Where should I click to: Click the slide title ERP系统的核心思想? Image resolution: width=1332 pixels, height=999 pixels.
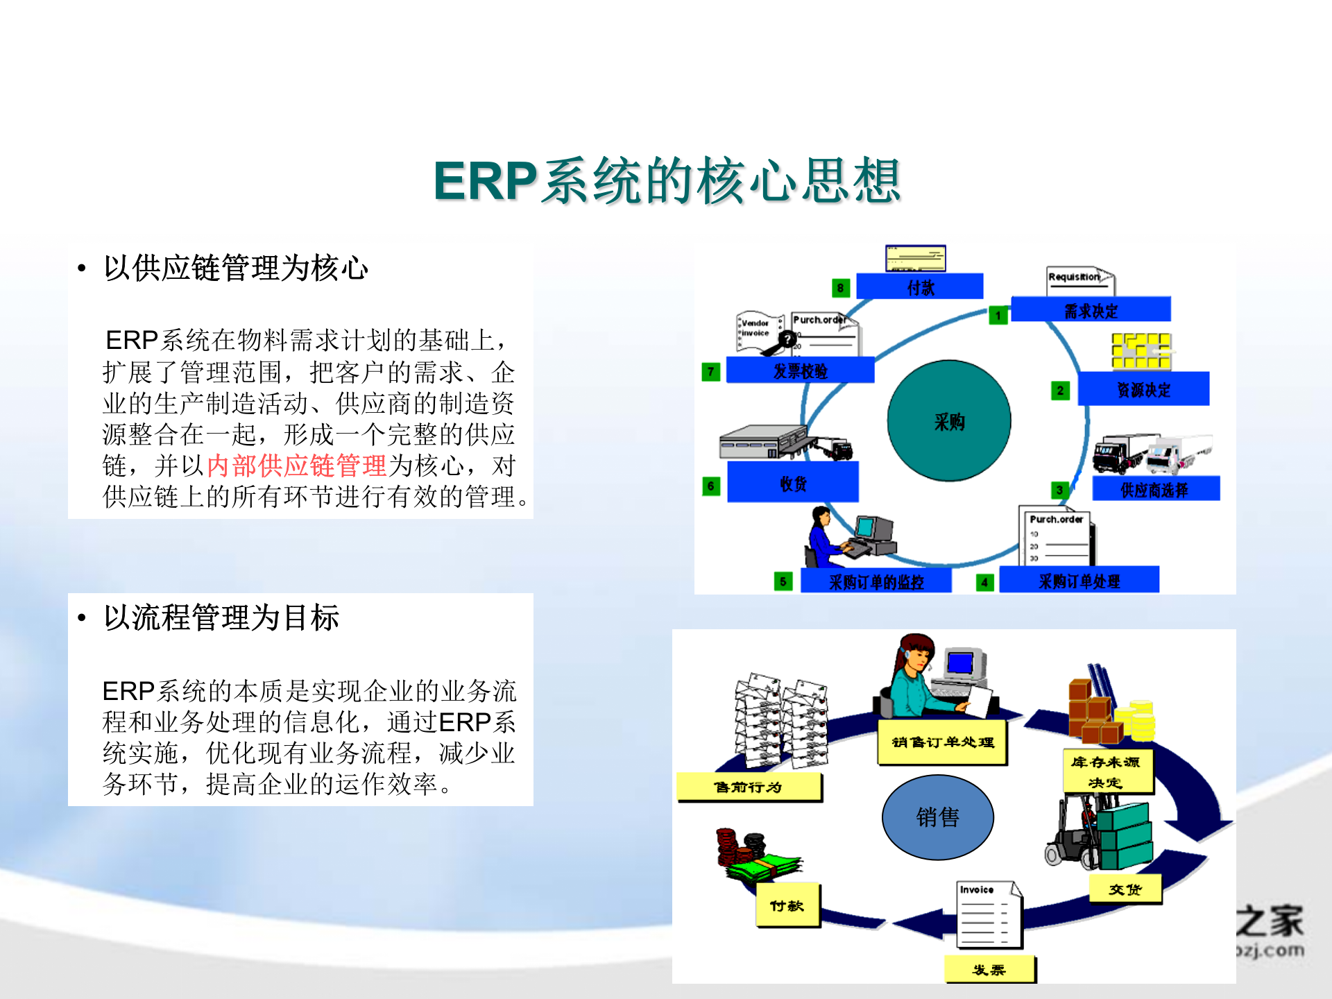tap(667, 181)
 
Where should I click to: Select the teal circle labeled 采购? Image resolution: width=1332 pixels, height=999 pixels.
tap(948, 420)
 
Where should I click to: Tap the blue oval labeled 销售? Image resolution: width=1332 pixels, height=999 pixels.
tap(937, 817)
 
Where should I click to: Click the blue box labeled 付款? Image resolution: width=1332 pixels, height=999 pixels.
tap(919, 287)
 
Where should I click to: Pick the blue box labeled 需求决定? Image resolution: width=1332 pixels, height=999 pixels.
tap(1091, 310)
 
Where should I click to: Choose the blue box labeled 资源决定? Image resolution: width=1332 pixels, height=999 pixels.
tap(1143, 389)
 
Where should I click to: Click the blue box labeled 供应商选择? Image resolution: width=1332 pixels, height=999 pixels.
tap(1155, 489)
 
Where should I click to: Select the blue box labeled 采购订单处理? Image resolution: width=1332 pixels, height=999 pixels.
tap(1079, 581)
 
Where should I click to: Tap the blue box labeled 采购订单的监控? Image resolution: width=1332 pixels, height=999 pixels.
tap(876, 581)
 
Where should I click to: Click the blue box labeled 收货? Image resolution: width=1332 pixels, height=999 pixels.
tap(792, 483)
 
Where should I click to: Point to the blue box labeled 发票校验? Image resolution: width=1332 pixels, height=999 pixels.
tap(800, 370)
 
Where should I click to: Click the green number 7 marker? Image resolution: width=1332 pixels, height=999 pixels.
tap(710, 372)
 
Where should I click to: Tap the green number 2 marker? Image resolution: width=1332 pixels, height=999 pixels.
tap(1060, 391)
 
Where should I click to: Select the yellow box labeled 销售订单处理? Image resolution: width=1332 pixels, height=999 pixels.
tap(942, 742)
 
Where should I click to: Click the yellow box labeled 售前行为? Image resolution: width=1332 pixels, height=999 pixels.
tap(749, 787)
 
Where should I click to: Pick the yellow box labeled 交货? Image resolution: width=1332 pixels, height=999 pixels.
tap(1125, 889)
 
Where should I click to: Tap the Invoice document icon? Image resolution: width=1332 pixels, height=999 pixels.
tap(989, 914)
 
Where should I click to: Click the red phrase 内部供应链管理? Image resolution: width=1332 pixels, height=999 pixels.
tap(296, 466)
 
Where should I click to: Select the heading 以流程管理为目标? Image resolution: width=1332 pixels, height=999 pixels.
tap(221, 617)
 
